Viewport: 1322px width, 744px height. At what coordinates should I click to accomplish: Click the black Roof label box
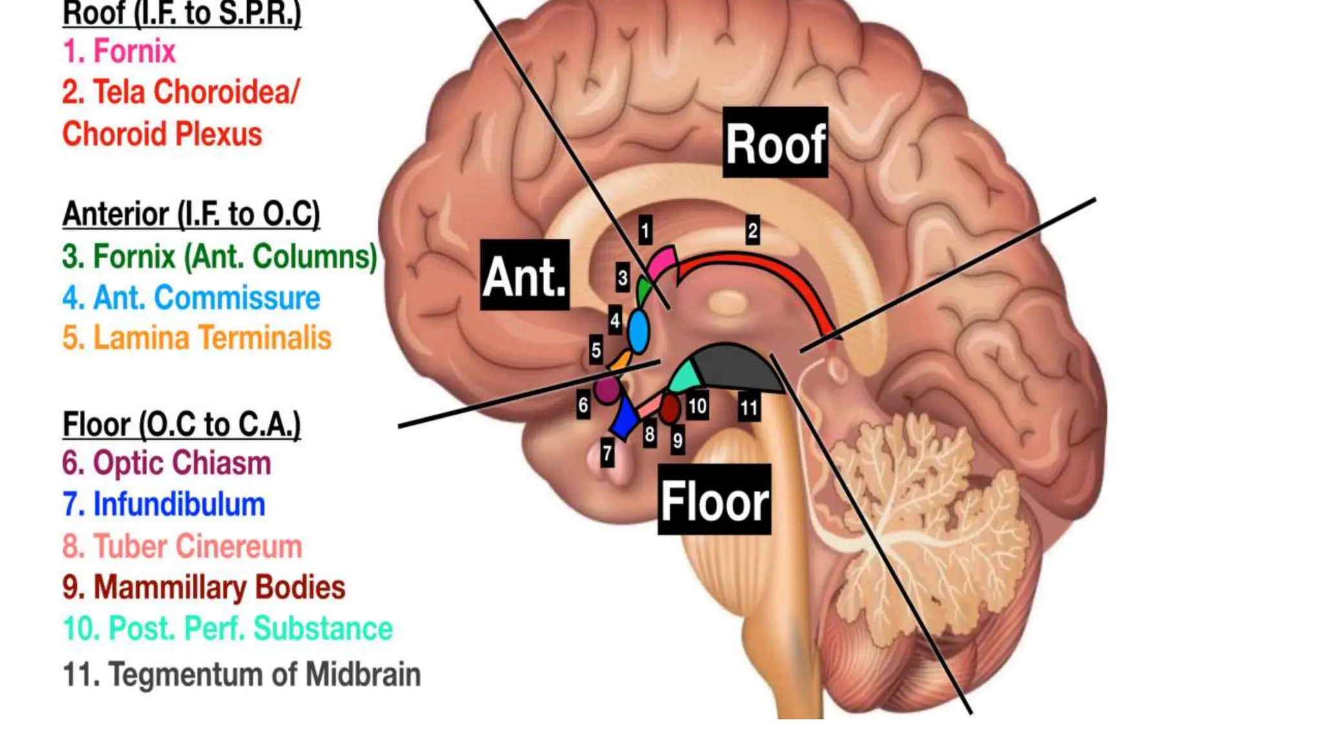pos(775,143)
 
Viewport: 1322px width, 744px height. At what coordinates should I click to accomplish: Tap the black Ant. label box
pos(525,275)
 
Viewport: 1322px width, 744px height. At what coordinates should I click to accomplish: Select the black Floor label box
pos(714,500)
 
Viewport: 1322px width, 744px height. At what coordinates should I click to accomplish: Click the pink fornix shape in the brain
pos(662,262)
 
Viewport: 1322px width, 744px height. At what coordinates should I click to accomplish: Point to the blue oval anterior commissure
pos(638,331)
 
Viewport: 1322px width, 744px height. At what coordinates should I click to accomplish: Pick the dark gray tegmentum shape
pos(733,368)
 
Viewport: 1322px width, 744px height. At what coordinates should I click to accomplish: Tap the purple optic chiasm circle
pos(607,389)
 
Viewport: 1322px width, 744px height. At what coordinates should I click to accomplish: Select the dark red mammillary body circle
pos(669,408)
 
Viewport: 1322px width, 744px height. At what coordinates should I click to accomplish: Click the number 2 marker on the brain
pos(752,231)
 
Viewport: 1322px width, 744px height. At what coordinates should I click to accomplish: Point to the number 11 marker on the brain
pos(749,407)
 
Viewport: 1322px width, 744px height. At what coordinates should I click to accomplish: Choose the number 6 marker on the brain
pos(583,405)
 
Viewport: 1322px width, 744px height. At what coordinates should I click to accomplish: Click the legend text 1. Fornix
pos(119,51)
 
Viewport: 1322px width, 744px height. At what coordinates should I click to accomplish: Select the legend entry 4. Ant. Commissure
pos(191,298)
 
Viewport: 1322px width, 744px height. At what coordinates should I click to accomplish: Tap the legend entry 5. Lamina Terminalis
pos(197,338)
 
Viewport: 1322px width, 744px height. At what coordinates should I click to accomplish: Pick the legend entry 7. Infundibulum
pos(164,504)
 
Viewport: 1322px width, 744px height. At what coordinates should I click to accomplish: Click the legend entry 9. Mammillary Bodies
pos(204,587)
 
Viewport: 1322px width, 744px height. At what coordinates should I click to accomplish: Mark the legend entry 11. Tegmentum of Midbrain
pos(242,674)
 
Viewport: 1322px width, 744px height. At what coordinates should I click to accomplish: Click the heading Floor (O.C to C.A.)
pos(181,424)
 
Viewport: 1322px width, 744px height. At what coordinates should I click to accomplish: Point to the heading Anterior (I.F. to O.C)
pos(191,214)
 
